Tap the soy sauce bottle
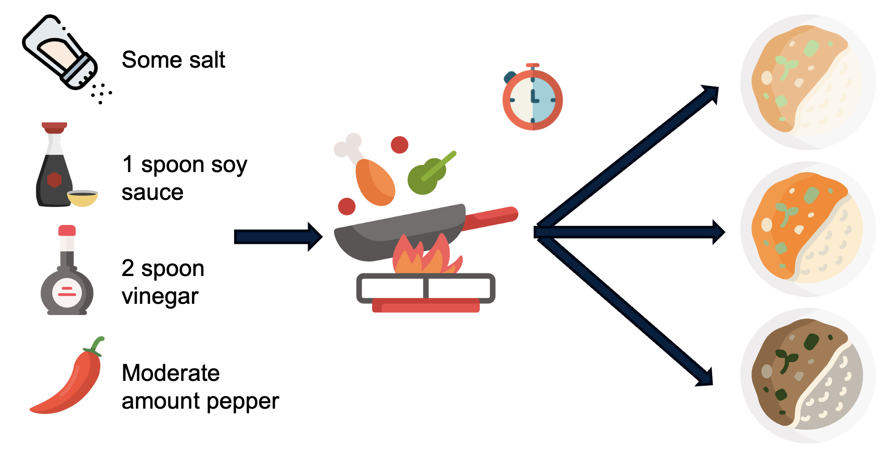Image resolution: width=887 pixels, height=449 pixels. coord(53,170)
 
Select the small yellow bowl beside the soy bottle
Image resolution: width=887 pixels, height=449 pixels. coord(83,198)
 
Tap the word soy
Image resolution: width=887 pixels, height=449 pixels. coord(229,165)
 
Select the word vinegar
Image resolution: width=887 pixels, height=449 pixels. coord(160,297)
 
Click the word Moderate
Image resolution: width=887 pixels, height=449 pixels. coord(170,373)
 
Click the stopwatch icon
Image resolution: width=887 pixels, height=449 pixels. coord(532,98)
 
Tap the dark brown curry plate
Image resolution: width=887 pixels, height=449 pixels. coord(808,376)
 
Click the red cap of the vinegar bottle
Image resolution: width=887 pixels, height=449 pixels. coord(67,230)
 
